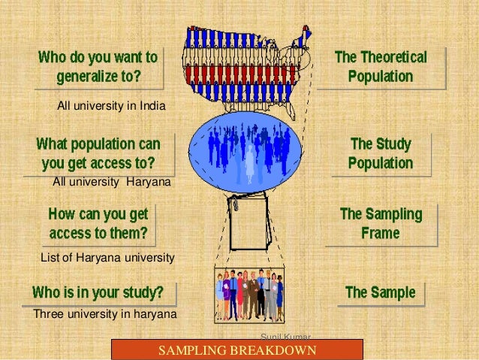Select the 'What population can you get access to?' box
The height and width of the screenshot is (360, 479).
click(98, 153)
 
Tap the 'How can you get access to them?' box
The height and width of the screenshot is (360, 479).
click(98, 223)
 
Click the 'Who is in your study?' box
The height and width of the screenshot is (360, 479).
click(99, 292)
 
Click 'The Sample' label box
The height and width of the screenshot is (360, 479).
click(380, 292)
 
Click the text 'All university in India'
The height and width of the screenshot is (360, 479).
click(111, 105)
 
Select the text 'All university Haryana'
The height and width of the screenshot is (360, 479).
click(111, 182)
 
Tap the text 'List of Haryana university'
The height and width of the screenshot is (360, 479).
click(107, 258)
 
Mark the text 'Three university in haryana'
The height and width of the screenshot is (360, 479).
click(104, 313)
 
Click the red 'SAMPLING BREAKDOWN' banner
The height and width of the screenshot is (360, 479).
click(236, 350)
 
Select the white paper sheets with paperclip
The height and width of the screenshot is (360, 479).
click(249, 221)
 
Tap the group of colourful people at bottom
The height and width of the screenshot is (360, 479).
click(249, 295)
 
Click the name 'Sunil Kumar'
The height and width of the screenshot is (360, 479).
click(285, 336)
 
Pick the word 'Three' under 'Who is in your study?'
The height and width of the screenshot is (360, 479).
click(47, 313)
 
